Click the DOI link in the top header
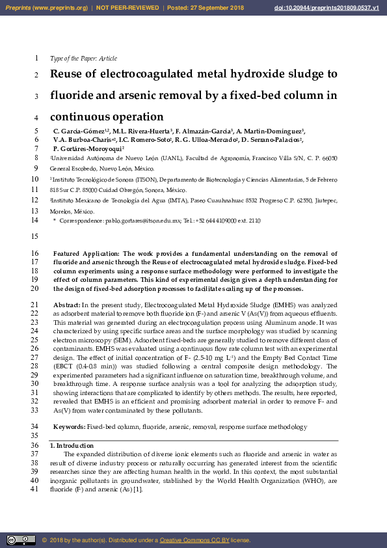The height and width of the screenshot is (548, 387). [336, 8]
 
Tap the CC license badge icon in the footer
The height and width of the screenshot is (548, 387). [20, 540]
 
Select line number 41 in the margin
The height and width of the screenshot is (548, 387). [34, 489]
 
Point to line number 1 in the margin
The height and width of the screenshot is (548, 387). [36, 58]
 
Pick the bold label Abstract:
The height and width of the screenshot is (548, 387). [67, 305]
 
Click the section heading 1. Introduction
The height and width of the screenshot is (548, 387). [74, 445]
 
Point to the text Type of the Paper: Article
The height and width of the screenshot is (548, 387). [83, 59]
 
